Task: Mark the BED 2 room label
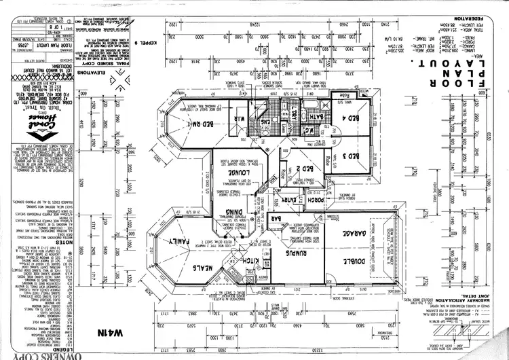pos(305,169)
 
